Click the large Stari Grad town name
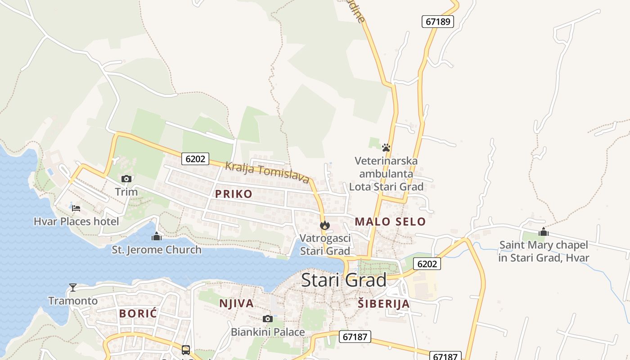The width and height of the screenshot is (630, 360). pos(344,280)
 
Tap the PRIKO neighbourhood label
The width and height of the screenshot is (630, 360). pos(234,194)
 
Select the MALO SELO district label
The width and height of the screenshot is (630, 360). pos(390,221)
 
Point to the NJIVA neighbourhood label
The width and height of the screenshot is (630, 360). pos(236,303)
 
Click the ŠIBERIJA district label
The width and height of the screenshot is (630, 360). pos(384,304)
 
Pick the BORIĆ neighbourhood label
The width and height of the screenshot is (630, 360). pos(138,313)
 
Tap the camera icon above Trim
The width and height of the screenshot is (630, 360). pos(126,179)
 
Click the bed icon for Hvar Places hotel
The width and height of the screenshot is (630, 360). pos(76,208)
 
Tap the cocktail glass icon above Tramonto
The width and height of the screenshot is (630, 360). pos(73,287)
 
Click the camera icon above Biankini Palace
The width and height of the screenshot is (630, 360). pos(268,319)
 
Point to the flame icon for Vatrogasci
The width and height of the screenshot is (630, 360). pos(325,225)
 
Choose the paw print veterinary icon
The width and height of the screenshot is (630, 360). pos(386,147)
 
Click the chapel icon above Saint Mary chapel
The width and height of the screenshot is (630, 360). pos(544,232)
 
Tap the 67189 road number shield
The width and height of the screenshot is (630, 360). pos(437,21)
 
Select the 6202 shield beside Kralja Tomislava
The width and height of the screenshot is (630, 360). pos(195,158)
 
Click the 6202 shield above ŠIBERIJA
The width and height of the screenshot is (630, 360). pos(427,264)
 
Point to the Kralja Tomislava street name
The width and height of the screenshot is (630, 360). pos(267,172)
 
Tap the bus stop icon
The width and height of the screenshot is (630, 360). pos(185,350)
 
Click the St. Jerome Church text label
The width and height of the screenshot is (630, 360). pos(157,250)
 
